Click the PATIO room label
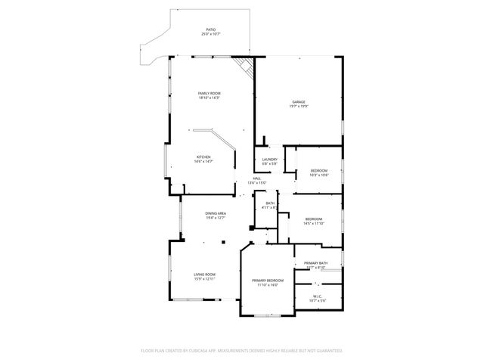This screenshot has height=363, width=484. tap(210, 29)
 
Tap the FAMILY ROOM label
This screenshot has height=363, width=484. tap(209, 93)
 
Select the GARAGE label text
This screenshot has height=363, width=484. tap(299, 102)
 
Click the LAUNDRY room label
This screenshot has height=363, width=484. tap(270, 159)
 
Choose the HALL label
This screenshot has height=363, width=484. tap(257, 178)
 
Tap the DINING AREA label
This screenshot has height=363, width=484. tap(216, 213)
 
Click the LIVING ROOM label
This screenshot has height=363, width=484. tap(205, 274)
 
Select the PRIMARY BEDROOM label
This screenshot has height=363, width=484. tap(268, 281)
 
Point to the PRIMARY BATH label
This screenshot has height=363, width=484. tap(315, 262)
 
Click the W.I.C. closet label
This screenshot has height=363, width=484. tap(318, 296)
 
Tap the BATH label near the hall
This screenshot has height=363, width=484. tap(269, 203)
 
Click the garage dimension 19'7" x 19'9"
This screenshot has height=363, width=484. tap(299, 107)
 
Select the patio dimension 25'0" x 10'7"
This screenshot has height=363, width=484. tap(210, 34)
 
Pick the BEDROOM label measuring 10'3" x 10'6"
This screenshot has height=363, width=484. tap(319, 171)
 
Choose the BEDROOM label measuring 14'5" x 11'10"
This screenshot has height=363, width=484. tap(313, 219)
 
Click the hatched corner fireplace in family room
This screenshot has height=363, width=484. tap(244, 66)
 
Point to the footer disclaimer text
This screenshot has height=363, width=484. tap(242, 351)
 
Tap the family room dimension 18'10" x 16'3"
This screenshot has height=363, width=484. tap(209, 98)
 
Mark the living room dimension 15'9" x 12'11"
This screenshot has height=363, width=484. tap(205, 278)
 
